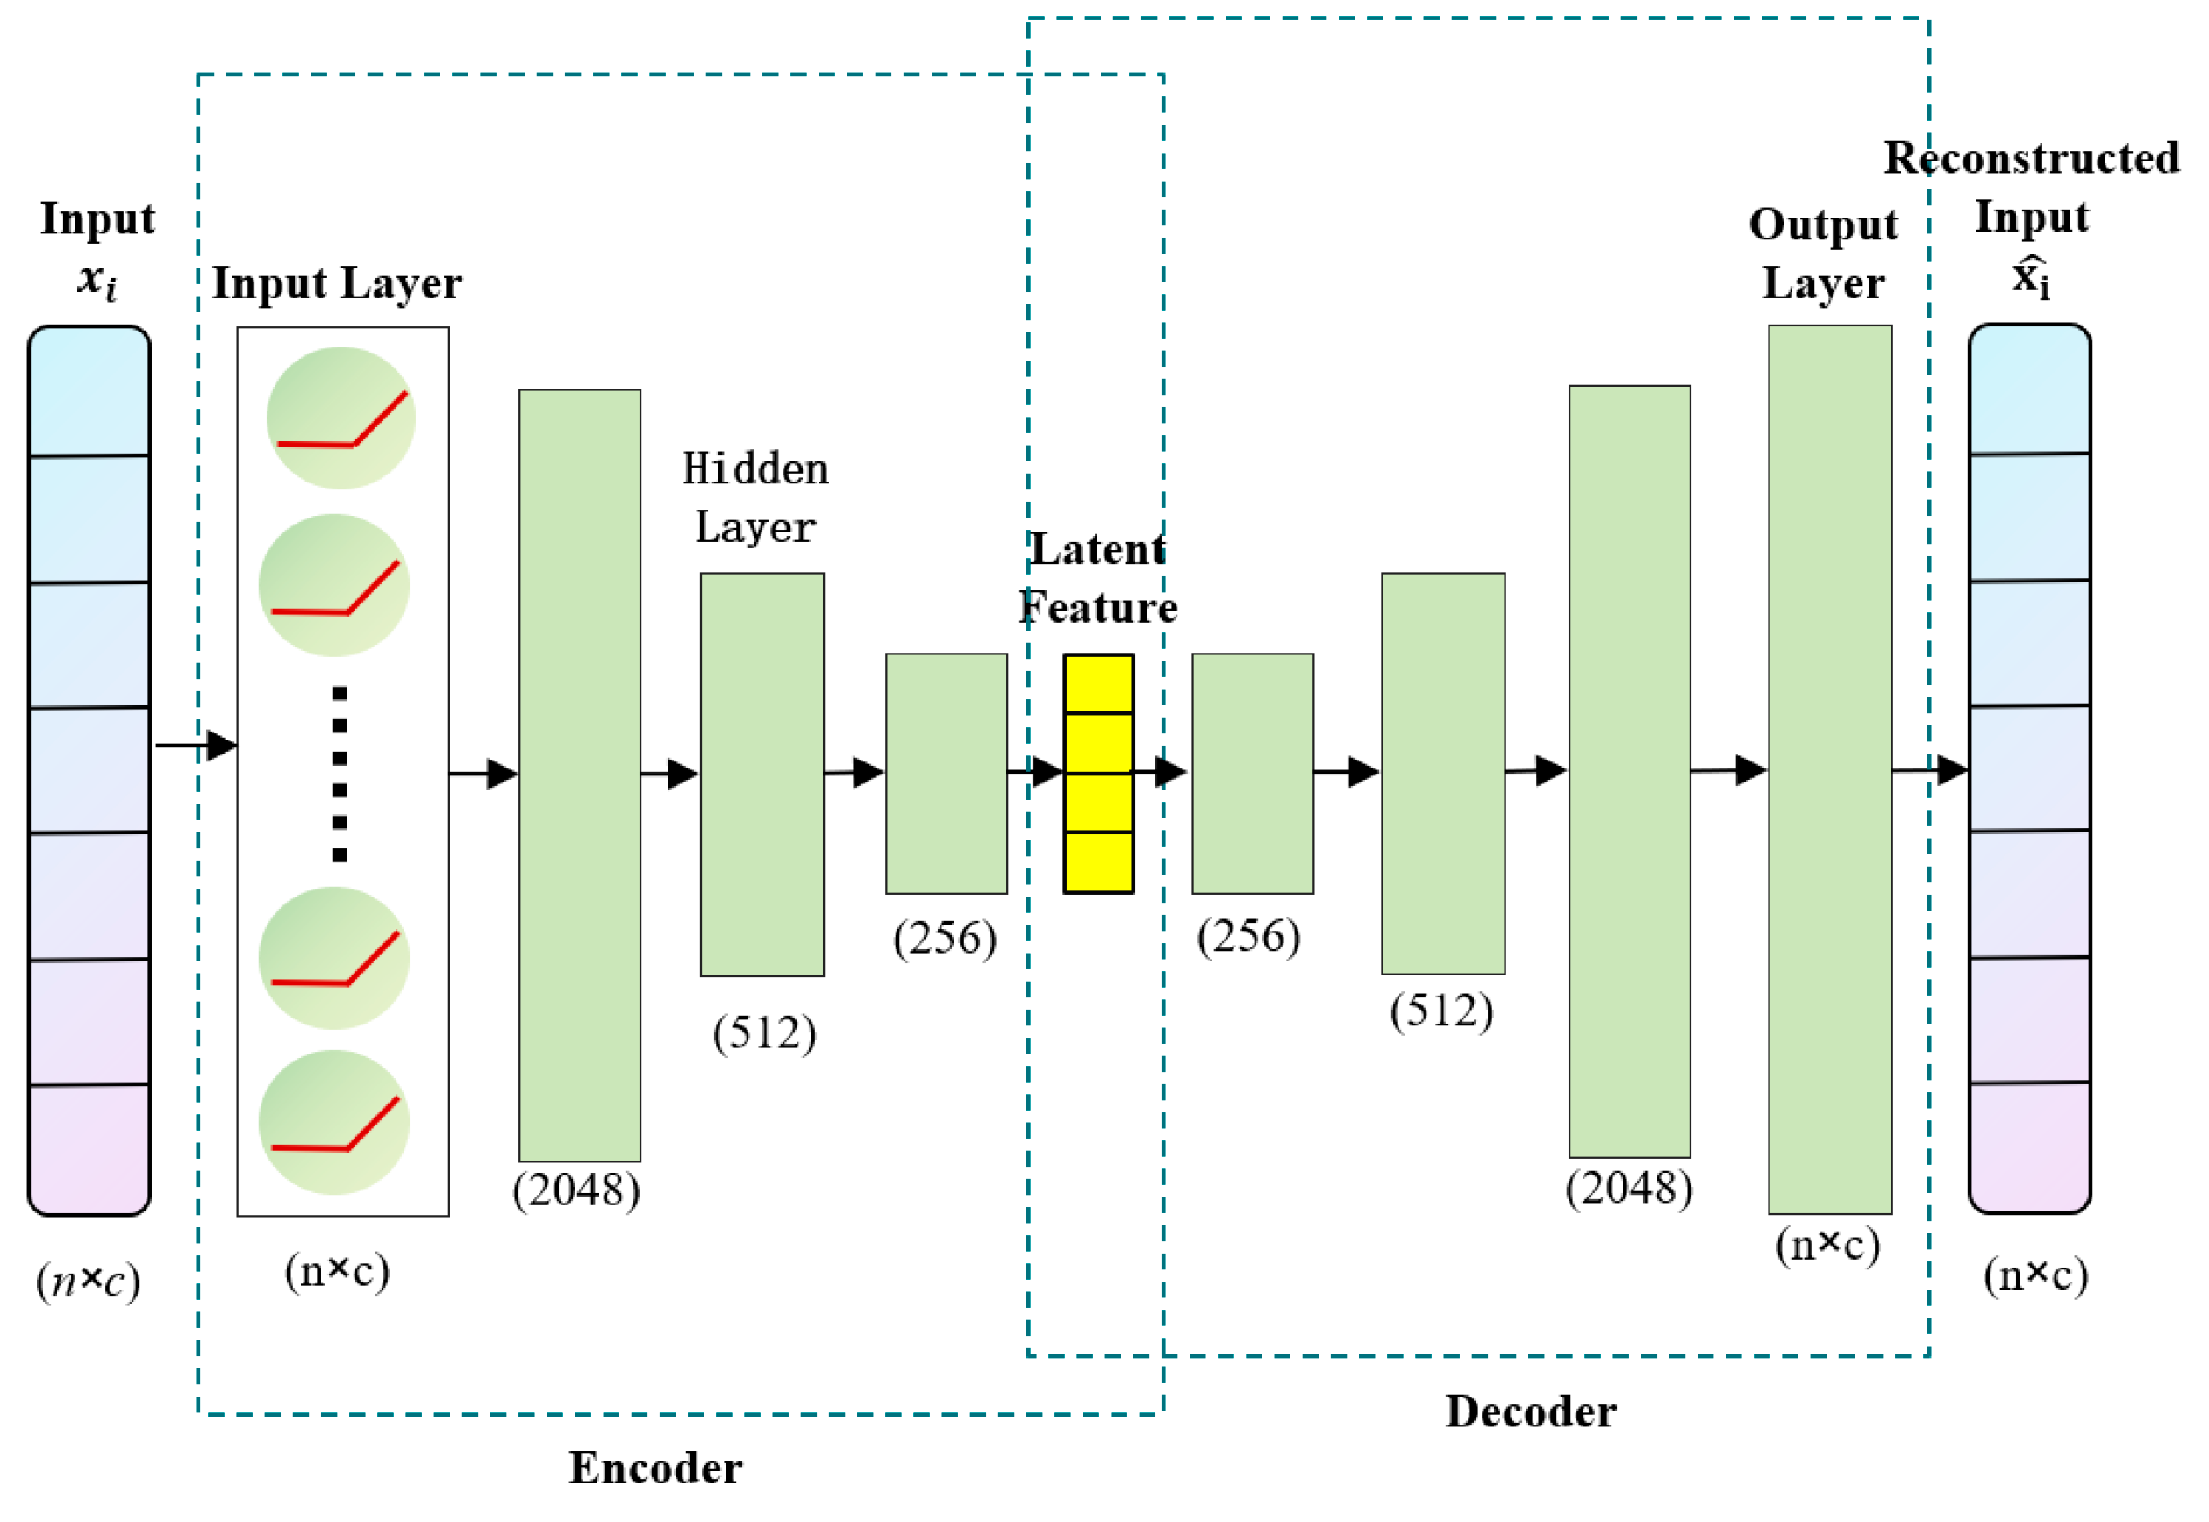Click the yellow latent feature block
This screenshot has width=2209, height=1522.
1097,774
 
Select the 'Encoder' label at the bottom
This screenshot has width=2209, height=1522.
655,1468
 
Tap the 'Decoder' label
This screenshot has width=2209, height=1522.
1530,1411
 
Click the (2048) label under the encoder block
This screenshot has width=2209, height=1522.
576,1190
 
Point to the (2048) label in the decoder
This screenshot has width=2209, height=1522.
1628,1187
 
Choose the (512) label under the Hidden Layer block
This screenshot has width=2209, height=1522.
764,1033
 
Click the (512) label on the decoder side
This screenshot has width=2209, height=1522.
1440,1010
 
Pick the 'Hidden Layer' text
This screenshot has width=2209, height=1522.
755,497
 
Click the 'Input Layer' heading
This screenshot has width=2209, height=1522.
337,283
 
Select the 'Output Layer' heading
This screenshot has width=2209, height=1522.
1822,254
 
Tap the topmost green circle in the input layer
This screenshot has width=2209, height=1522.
340,418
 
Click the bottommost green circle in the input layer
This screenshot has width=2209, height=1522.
334,1123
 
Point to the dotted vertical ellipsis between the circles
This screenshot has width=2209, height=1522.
340,774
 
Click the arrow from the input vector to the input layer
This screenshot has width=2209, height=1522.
196,745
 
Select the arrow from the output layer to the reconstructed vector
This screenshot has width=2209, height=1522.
1928,768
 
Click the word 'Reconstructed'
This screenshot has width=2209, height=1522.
2031,158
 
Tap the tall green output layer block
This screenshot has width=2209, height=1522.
1828,768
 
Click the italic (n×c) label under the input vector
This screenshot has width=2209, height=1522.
88,1280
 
